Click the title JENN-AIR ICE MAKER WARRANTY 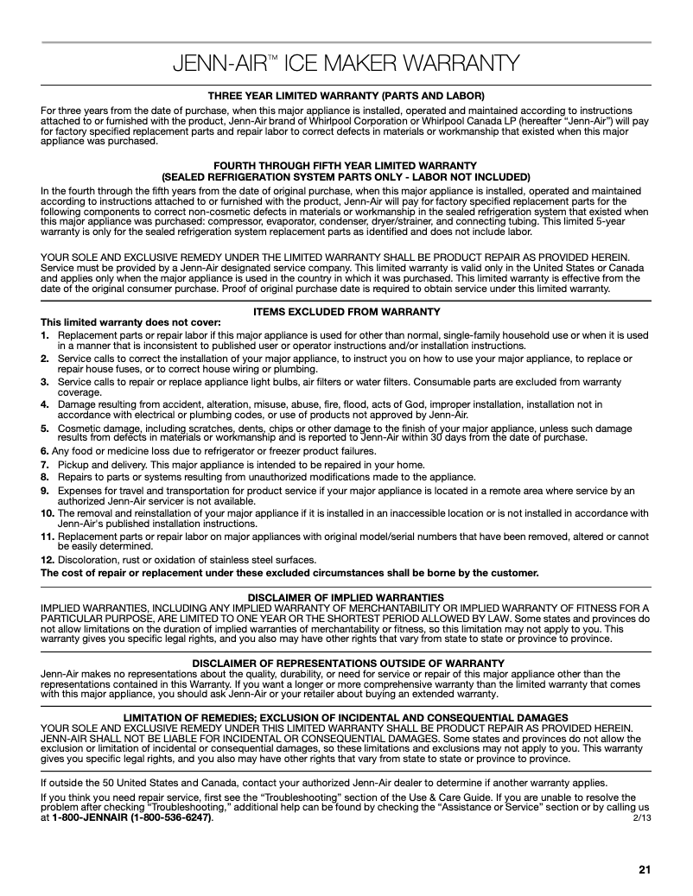(x=346, y=64)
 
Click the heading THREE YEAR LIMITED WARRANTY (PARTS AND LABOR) (x=346, y=94)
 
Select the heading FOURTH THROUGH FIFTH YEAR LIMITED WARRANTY (x=346, y=165)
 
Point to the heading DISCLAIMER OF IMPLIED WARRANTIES (x=346, y=597)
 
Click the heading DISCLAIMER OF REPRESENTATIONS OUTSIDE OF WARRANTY (x=346, y=663)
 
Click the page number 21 (x=644, y=869)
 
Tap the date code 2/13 (x=642, y=817)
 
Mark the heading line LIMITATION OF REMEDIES (x=346, y=717)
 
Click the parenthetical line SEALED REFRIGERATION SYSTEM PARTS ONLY (x=346, y=175)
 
